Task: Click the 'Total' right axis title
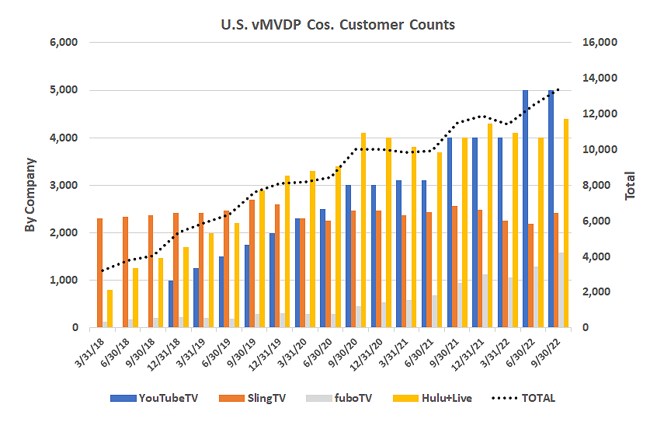click(x=631, y=186)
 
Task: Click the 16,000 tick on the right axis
click(x=598, y=43)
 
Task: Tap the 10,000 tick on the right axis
click(x=598, y=150)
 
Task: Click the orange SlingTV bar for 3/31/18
click(x=99, y=273)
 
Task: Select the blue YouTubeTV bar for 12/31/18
click(x=171, y=304)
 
